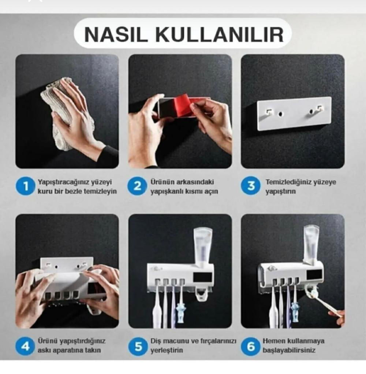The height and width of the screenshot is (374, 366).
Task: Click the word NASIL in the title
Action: coord(115,34)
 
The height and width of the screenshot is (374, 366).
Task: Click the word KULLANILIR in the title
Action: coord(220,34)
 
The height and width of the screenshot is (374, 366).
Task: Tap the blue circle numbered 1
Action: coord(25,186)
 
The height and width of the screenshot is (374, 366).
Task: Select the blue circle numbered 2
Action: coord(137,186)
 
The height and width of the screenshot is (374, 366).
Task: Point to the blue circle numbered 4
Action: coord(25,346)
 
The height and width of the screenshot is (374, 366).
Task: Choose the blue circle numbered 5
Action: coord(138,346)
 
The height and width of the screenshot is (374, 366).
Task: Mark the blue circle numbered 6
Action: coord(250,346)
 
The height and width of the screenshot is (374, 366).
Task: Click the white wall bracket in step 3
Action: coord(294,114)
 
